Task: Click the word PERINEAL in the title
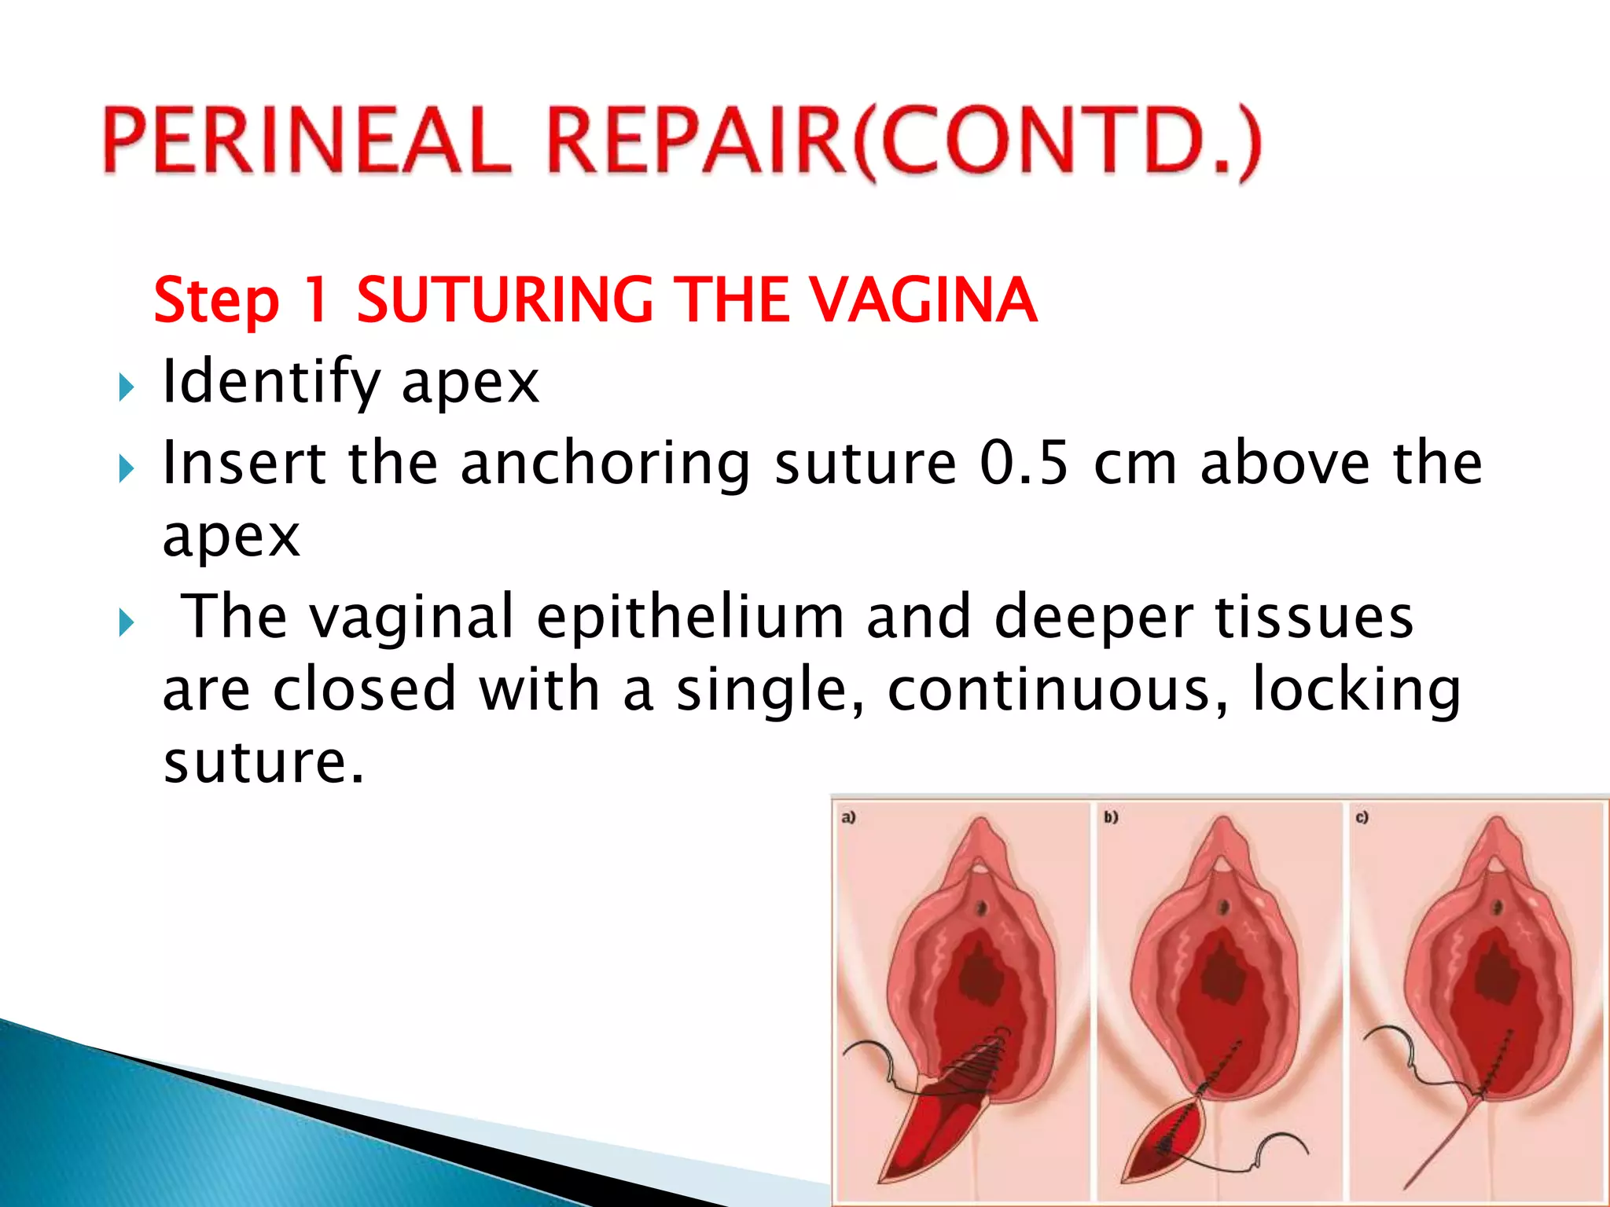tap(307, 141)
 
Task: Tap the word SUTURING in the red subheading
tap(504, 300)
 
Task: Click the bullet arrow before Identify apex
tap(126, 387)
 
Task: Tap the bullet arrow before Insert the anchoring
tap(126, 469)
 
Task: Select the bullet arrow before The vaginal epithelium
tap(126, 623)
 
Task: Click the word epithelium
tap(690, 618)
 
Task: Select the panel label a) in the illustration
tap(848, 817)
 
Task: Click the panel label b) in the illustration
tap(1110, 817)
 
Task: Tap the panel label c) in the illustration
tap(1362, 817)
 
